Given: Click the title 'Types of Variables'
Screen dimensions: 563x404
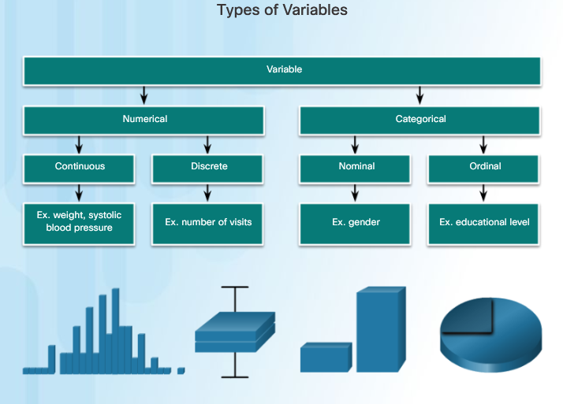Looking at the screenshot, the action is (282, 10).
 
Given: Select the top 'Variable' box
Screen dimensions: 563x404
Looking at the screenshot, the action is (281, 71).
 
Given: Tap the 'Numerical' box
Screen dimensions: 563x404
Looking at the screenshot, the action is (144, 120).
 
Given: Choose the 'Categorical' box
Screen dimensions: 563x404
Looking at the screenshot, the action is (419, 120).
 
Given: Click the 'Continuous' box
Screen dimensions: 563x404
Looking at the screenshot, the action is (79, 169).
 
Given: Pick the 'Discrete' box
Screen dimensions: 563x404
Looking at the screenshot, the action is (207, 169).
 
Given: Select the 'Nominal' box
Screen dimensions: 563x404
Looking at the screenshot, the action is (355, 169).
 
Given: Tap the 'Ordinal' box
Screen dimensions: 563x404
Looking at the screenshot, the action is (483, 169).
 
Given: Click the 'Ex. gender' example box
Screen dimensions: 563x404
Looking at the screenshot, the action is (355, 224).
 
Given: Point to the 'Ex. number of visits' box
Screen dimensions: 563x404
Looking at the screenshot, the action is (207, 224).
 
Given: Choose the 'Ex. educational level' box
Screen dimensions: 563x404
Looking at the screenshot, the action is (483, 224).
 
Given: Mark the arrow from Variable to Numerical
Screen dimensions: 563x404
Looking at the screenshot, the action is (144, 95).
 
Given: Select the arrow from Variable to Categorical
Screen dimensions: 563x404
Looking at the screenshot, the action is (419, 95).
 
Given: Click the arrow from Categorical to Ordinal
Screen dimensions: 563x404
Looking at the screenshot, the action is (483, 144).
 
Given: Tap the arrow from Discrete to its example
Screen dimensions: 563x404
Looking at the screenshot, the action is (207, 193).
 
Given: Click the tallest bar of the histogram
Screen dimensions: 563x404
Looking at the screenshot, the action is (116, 331).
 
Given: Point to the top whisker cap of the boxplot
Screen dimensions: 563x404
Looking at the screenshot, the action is (235, 287).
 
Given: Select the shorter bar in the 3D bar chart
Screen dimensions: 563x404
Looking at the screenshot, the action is (326, 358).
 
